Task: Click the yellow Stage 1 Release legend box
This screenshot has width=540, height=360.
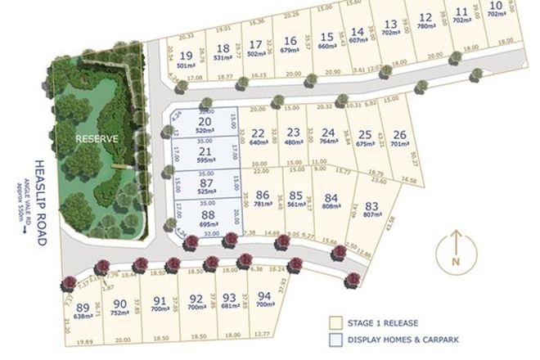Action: click(335, 322)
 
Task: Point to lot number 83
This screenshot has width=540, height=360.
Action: click(372, 207)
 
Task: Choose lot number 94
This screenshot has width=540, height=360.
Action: click(264, 297)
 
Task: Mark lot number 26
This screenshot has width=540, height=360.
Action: click(399, 134)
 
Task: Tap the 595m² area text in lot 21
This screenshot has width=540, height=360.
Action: click(205, 162)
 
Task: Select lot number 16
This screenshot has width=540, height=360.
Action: click(290, 40)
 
